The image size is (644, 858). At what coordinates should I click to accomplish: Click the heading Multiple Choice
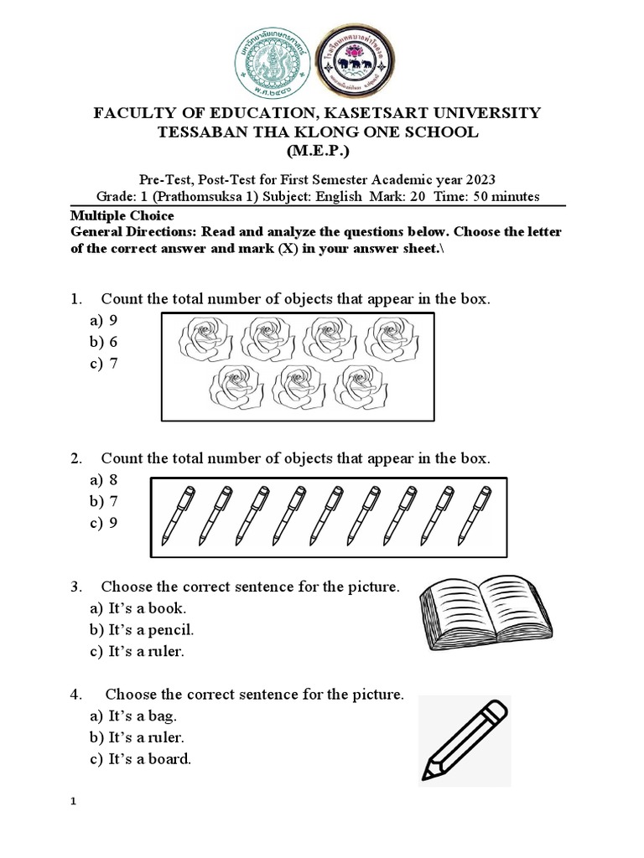point(122,216)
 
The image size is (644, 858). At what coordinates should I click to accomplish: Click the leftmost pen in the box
point(179,514)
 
